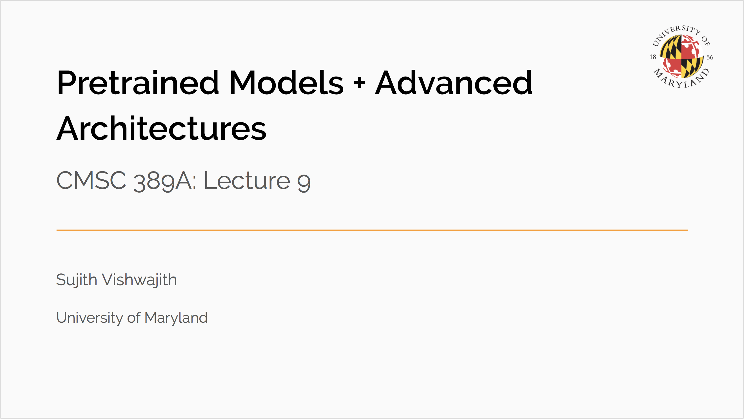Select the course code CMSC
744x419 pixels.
point(91,180)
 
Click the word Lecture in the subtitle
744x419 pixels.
point(247,180)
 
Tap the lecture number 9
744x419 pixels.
point(304,183)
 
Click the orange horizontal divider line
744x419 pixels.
point(372,230)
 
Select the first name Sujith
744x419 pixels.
point(77,280)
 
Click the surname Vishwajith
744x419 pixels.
point(139,280)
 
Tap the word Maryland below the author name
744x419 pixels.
point(176,318)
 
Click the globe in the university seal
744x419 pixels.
point(681,57)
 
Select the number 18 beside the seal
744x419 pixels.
point(653,57)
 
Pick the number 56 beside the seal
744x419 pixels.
point(710,57)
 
